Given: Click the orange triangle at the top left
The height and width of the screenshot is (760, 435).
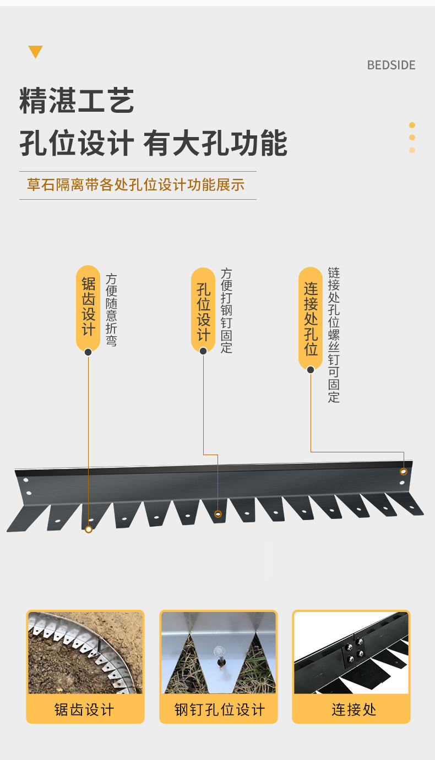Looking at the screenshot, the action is coord(35,52).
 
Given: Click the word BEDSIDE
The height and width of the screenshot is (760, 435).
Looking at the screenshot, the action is coord(391,65).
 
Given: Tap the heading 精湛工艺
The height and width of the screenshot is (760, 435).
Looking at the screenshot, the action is coord(77,101).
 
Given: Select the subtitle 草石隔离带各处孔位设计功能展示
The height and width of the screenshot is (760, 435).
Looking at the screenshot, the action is coord(135,184).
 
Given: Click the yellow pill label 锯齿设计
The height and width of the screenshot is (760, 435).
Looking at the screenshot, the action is coord(88,308).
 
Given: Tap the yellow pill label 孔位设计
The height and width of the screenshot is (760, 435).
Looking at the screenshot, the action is coord(203,310).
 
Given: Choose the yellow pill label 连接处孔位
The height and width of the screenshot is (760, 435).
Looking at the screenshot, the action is coord(311,319).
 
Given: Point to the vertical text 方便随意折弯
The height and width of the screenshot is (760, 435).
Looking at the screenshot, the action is coord(111,310).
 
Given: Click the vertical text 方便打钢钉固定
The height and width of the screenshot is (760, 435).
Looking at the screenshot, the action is coord(226,310).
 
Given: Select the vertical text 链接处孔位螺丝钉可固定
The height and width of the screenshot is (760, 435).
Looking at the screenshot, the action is coord(334,335).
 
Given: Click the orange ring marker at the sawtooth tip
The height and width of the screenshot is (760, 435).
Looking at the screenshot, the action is coord(88,529).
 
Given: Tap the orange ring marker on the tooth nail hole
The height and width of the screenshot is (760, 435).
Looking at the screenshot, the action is coord(218,514).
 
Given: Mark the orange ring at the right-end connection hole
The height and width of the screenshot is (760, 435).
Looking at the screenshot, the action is coord(404,472).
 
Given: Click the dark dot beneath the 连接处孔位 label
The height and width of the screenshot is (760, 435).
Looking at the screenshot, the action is coord(311,370).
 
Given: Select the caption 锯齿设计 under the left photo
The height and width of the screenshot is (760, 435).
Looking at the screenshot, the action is coord(84,709).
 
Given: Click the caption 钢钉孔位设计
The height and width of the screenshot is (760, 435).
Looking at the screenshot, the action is coord(219,709).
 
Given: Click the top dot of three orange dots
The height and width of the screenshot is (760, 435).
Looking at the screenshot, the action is coord(412,125).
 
